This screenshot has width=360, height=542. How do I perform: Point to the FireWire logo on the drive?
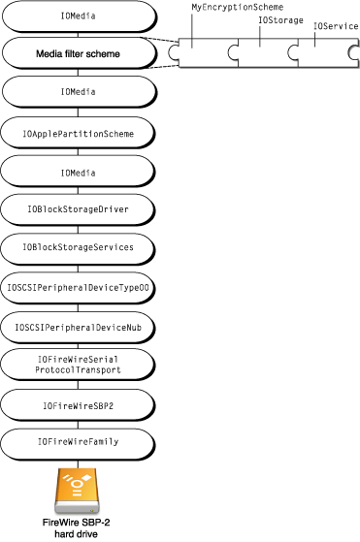coord(76,486)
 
